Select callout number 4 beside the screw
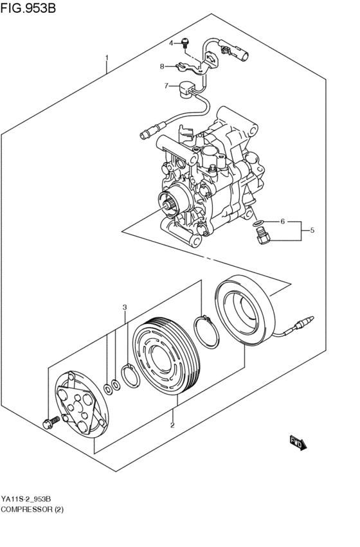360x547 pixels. tap(172, 43)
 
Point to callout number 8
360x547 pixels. tap(163, 66)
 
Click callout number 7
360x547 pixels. tap(166, 85)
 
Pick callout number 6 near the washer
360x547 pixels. tap(282, 222)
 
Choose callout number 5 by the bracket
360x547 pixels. tap(312, 230)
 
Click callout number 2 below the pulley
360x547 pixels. tap(172, 425)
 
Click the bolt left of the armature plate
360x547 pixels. tap(49, 422)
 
